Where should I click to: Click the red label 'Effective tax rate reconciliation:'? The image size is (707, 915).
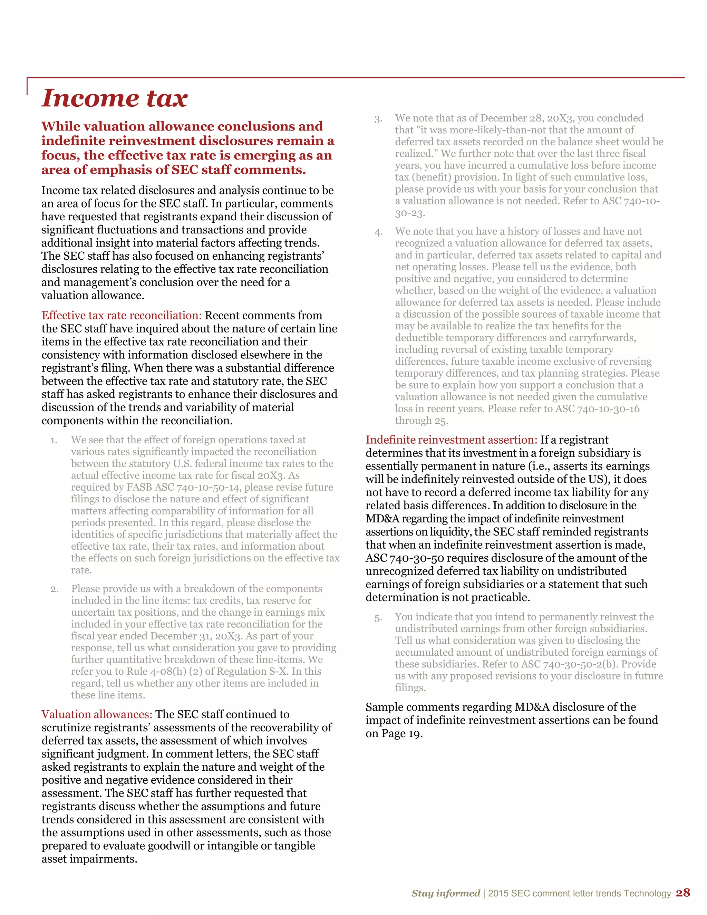(x=122, y=316)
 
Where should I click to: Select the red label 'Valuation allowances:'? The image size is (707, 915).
(x=97, y=714)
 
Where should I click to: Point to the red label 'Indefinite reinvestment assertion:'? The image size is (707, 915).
(x=451, y=440)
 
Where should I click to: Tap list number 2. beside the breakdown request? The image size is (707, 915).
(x=55, y=589)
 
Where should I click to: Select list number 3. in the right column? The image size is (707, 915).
(x=378, y=119)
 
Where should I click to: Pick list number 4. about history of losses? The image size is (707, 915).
(x=378, y=232)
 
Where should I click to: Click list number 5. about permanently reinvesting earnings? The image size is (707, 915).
(x=378, y=618)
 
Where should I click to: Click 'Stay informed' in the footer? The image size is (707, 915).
(x=445, y=893)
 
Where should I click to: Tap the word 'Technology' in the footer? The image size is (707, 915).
(x=647, y=893)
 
